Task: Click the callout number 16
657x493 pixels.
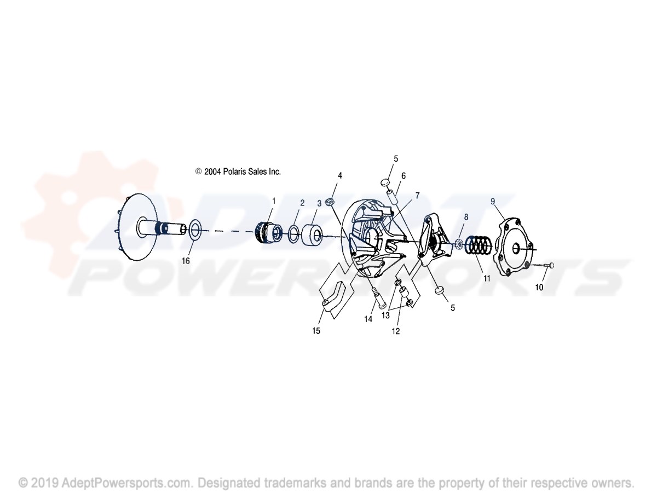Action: pos(186,261)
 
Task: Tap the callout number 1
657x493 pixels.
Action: pos(274,201)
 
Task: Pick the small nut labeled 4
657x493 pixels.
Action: pos(329,202)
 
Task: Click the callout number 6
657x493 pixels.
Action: pos(403,176)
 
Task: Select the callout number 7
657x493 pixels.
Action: pos(417,196)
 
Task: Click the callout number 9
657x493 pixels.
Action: pos(493,202)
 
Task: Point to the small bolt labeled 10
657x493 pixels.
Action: pos(546,265)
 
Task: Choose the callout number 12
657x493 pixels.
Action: pos(395,331)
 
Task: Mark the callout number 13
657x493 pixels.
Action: pos(385,315)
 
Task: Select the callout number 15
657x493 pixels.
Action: pos(316,331)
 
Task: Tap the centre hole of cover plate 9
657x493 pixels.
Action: pos(517,248)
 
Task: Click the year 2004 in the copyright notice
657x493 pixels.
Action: pos(212,171)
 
